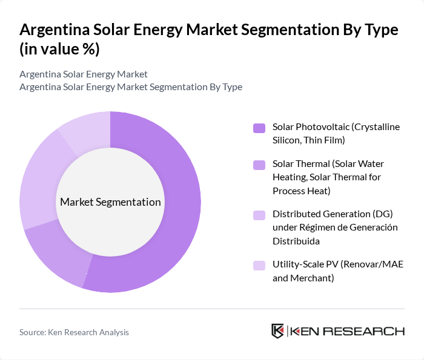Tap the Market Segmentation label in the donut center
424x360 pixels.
tap(110, 202)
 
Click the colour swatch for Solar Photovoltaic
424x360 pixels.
tap(259, 128)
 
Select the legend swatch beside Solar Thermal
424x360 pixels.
tap(259, 165)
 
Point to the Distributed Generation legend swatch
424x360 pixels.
tap(259, 215)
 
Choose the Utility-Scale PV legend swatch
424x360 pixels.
tap(259, 265)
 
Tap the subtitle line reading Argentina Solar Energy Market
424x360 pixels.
tap(84, 74)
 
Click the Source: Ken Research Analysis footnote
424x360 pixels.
tap(74, 332)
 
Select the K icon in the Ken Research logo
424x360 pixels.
tap(277, 331)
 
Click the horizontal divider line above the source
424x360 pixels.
tap(212, 309)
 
